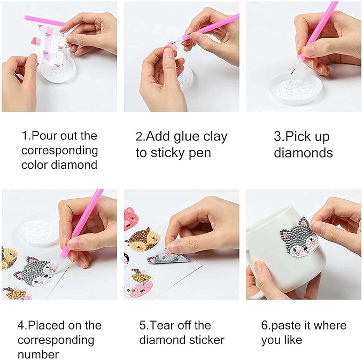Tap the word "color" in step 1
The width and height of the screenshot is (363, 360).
[x=35, y=165]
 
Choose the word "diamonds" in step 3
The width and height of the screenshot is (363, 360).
[x=303, y=153]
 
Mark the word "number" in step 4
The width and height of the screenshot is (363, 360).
[x=38, y=354]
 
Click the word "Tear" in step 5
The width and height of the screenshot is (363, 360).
[x=167, y=325]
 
